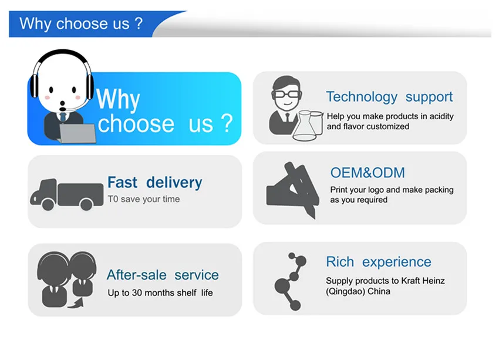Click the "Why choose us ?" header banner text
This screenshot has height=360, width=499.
click(81, 24)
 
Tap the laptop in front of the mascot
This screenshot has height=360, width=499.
click(77, 134)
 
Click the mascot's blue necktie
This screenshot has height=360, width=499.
click(63, 117)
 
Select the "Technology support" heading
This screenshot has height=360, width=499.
click(389, 97)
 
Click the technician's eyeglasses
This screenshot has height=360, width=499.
click(286, 94)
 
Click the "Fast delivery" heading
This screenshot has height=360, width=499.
click(154, 183)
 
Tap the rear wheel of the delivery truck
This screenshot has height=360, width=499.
click(86, 204)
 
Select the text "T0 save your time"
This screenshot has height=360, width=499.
click(144, 199)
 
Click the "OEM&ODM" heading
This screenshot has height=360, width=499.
click(367, 173)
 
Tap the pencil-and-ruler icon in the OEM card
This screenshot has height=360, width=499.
click(294, 190)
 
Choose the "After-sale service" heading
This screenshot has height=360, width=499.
click(163, 275)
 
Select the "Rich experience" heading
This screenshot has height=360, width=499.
click(379, 262)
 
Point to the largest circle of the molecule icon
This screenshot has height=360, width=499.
click(282, 285)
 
